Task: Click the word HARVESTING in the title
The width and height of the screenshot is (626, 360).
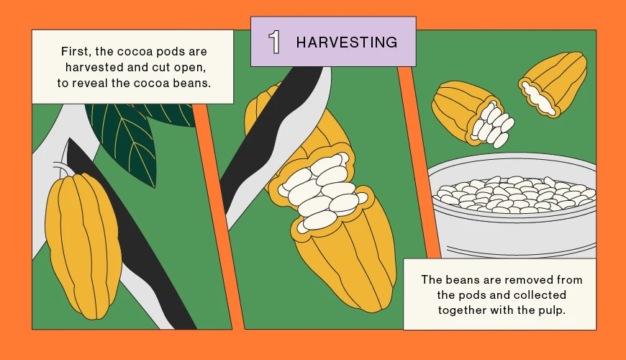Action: (x=347, y=42)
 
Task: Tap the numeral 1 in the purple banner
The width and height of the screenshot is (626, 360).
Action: (x=274, y=42)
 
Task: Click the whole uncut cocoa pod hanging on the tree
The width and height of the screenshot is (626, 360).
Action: (x=83, y=246)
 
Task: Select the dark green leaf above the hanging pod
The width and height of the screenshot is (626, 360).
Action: (x=124, y=140)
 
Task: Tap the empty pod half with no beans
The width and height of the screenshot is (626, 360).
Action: (x=553, y=84)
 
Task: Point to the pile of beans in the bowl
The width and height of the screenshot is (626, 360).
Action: (x=515, y=194)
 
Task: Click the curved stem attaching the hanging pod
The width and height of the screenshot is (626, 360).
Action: (x=60, y=168)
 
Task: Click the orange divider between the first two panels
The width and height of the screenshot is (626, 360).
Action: (x=218, y=216)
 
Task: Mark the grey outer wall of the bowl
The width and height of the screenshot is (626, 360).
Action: (x=515, y=235)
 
